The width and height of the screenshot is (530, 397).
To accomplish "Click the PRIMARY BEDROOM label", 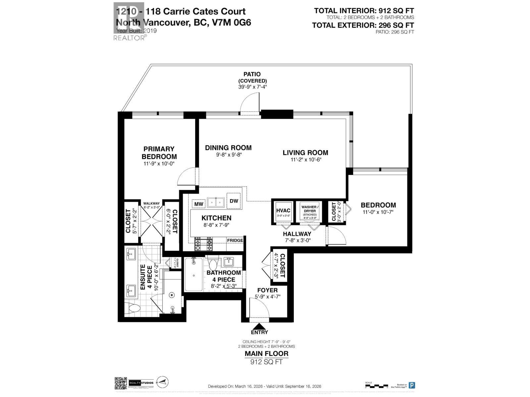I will pyautogui.click(x=159, y=153).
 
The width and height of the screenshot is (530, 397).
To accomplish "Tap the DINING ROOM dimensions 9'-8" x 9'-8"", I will pyautogui.click(x=228, y=155).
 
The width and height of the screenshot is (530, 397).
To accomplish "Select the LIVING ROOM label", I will pyautogui.click(x=305, y=153).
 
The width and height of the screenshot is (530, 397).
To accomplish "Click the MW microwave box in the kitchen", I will pyautogui.click(x=199, y=204).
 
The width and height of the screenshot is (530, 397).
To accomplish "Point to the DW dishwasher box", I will pyautogui.click(x=234, y=201).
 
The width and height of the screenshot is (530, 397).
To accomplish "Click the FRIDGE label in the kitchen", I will pyautogui.click(x=235, y=240).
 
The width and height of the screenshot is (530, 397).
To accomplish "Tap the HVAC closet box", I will pyautogui.click(x=283, y=212).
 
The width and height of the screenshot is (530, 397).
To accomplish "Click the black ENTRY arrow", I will pyautogui.click(x=259, y=327).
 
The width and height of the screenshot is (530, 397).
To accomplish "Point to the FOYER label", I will pyautogui.click(x=267, y=290).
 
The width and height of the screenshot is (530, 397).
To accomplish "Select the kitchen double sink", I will pyautogui.click(x=216, y=202).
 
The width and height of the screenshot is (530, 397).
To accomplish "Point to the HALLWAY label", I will pyautogui.click(x=297, y=234).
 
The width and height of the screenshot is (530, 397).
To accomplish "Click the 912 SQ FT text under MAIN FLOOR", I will pyautogui.click(x=266, y=362).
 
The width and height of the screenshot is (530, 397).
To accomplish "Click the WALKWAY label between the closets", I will pyautogui.click(x=151, y=204).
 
